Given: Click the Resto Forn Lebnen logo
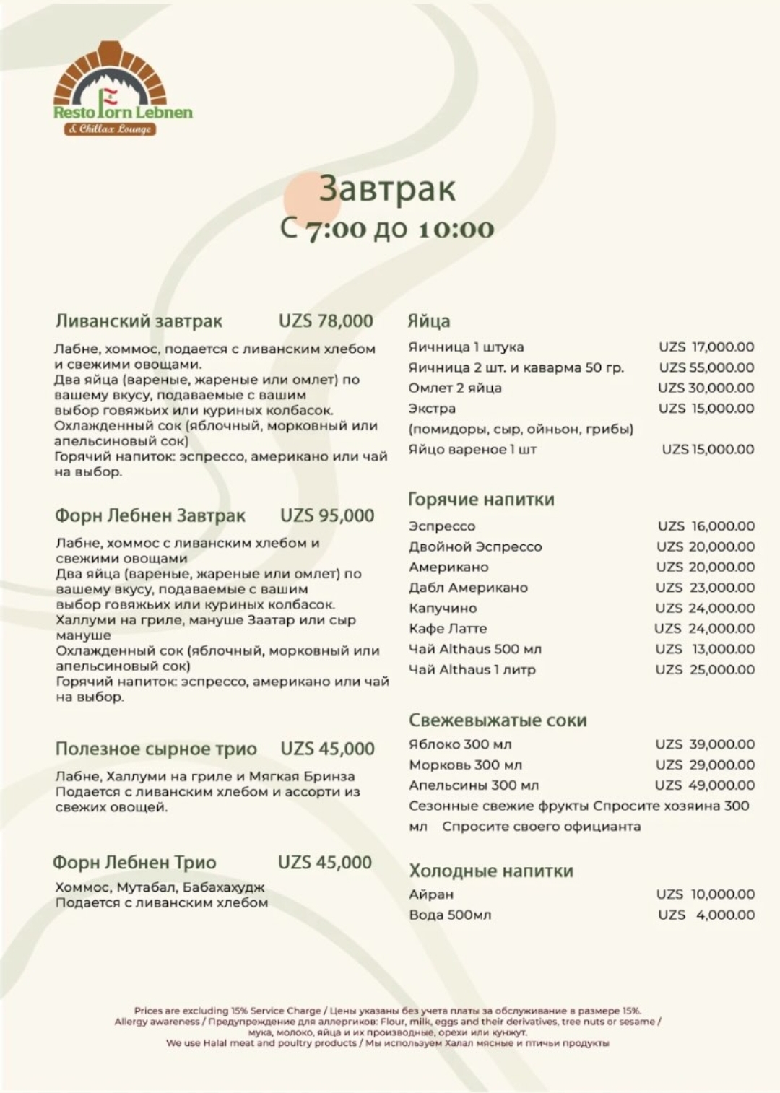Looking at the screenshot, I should point(123,89).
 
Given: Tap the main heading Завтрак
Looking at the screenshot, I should point(387,188).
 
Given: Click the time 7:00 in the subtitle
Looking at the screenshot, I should point(335,229).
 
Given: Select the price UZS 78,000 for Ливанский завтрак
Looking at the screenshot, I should point(326,321).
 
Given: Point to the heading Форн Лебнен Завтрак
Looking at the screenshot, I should point(150,516).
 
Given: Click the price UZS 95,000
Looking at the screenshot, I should point(327,515).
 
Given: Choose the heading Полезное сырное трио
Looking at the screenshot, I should point(156,749).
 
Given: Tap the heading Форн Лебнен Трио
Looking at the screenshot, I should point(134,863).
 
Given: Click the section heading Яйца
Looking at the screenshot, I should point(428,321).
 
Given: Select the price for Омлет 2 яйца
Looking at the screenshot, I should point(706,388).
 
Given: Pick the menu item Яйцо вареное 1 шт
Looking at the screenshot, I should point(472,449).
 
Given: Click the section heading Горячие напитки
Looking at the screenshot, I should point(481,500).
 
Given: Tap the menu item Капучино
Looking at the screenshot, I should point(443,608).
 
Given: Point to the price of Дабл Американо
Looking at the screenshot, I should point(705,588).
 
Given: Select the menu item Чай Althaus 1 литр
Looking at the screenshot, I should point(472,669).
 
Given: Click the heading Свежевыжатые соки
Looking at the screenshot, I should point(498,720).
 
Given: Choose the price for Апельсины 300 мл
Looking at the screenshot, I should point(704,785).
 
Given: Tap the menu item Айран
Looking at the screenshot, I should point(431,894).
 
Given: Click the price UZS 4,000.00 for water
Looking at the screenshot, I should point(706,915).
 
